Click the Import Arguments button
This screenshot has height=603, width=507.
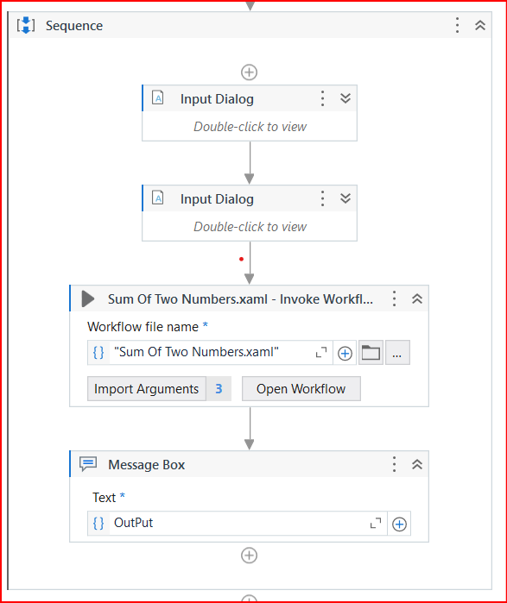click(146, 389)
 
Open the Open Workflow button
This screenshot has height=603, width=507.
click(301, 389)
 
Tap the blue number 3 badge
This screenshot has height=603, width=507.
click(219, 389)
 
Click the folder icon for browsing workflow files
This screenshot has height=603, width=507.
click(371, 353)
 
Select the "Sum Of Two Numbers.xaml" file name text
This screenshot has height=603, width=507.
click(196, 352)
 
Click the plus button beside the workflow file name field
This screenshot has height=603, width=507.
click(345, 353)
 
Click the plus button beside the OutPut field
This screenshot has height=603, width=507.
click(399, 524)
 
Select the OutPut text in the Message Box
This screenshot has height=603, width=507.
click(134, 523)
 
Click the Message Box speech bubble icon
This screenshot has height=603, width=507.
click(88, 464)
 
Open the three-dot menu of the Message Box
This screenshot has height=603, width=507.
click(395, 464)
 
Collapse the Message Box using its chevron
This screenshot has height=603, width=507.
click(417, 464)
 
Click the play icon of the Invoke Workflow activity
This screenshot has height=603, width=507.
click(88, 298)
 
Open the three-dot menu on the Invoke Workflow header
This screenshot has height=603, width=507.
click(395, 298)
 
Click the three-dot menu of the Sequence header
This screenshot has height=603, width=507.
click(458, 25)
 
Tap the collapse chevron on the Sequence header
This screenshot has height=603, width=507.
click(481, 25)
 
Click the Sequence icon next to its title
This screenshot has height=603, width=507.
click(26, 25)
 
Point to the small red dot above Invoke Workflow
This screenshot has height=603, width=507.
click(241, 259)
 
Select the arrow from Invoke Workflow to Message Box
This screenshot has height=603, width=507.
click(250, 428)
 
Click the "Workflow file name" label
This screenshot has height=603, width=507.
click(143, 326)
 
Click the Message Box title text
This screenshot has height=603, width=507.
click(146, 464)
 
